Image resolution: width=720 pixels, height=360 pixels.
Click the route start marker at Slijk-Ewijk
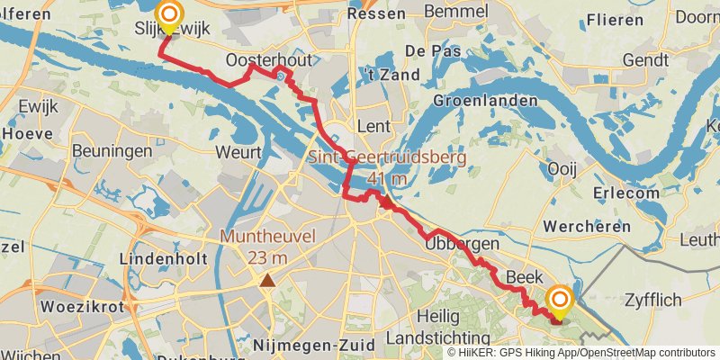point(168,15)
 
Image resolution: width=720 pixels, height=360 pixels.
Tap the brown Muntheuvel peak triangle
point(267,281)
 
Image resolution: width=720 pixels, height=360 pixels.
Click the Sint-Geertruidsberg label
point(387,158)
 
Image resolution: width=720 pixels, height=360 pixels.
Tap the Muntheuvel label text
point(268,238)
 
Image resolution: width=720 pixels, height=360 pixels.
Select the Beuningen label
point(112,150)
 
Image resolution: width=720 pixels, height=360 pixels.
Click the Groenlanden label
point(485,101)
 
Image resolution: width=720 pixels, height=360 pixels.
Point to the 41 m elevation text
point(387,179)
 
